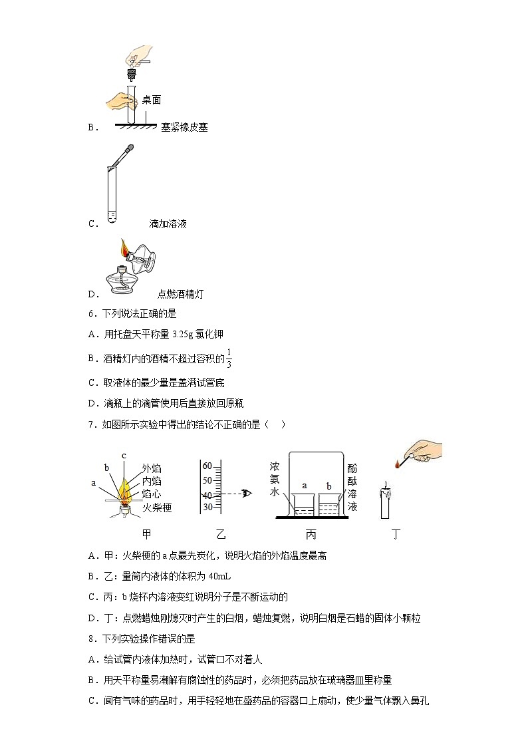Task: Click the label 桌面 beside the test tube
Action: click(x=152, y=100)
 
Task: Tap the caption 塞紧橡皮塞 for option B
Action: click(x=184, y=127)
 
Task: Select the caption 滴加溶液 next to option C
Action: click(x=168, y=224)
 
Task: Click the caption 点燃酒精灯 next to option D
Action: click(x=180, y=294)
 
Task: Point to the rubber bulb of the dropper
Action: click(x=130, y=148)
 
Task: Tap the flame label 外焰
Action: click(x=152, y=468)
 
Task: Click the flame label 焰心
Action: click(x=152, y=494)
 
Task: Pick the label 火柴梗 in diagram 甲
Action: click(x=157, y=508)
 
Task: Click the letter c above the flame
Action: click(x=124, y=456)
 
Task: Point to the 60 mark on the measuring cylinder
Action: click(x=207, y=465)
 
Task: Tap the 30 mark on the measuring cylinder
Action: click(x=207, y=507)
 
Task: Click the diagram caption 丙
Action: click(x=311, y=533)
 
